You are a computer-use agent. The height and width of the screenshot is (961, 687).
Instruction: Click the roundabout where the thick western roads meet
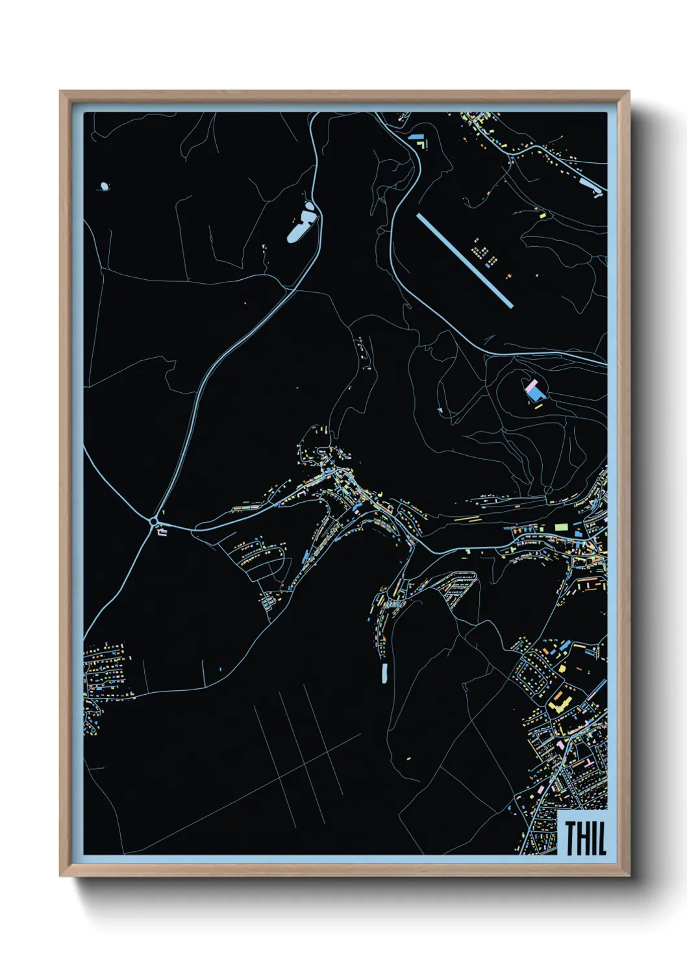(x=154, y=521)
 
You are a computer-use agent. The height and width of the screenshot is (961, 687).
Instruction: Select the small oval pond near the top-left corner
(x=104, y=186)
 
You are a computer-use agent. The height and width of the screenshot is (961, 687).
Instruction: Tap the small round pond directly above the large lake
(x=310, y=206)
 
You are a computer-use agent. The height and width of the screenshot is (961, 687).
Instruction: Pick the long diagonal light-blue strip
(x=465, y=260)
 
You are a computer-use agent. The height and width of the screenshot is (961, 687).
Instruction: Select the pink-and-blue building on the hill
(x=534, y=391)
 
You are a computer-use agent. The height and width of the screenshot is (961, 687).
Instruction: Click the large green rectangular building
(x=562, y=527)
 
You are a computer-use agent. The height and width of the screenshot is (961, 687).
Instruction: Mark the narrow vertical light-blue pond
(x=384, y=673)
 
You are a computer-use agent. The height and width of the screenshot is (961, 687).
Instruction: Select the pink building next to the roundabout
(x=162, y=532)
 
